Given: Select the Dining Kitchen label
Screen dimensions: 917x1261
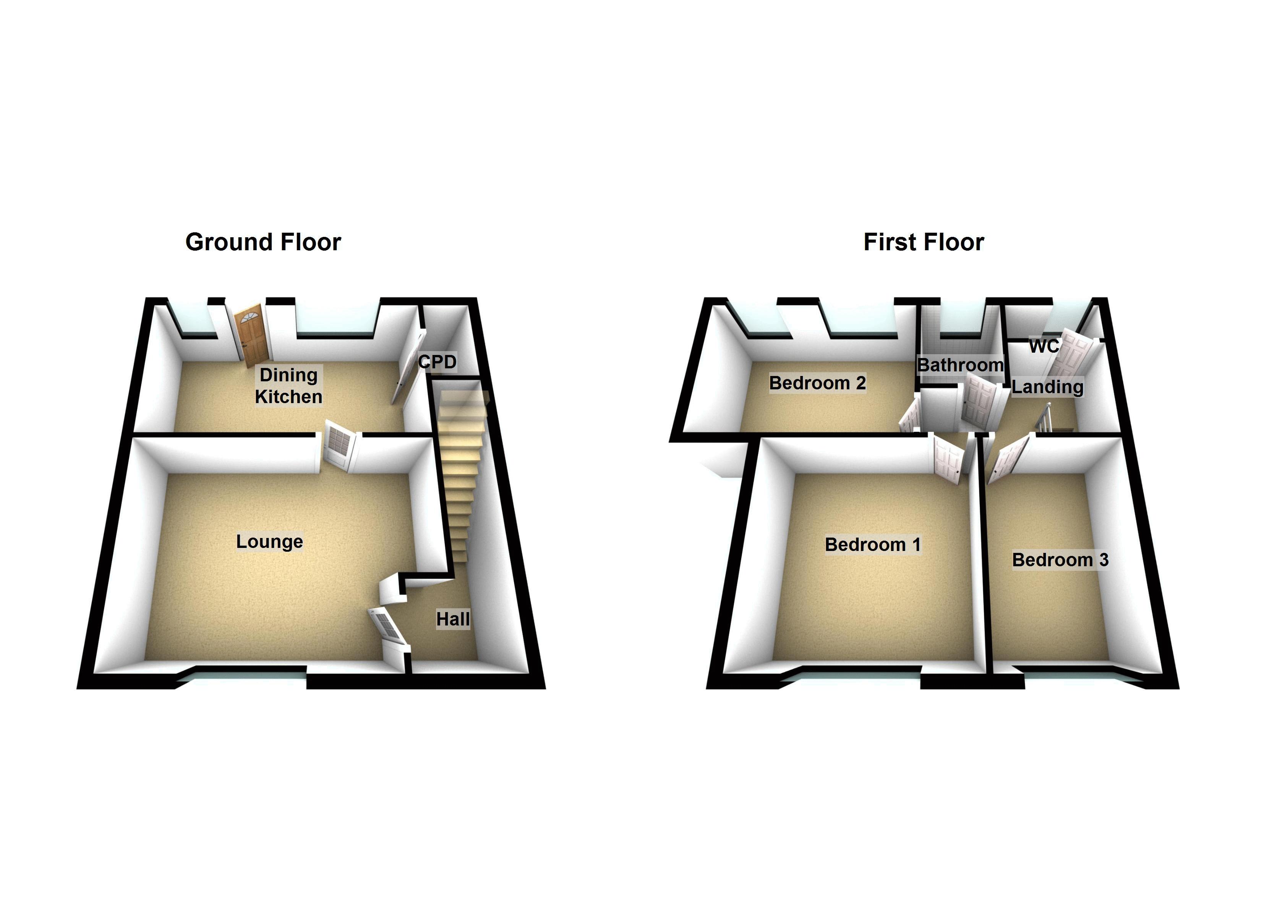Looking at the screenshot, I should point(289,386).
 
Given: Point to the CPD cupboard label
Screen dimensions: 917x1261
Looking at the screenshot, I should point(438,362).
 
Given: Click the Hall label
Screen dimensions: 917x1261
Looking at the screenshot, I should point(452,619).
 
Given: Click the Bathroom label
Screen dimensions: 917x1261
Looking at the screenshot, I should point(960,365).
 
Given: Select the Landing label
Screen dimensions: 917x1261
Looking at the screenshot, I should point(1047,387).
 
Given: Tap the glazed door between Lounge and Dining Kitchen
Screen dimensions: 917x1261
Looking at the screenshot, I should point(339,444).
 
